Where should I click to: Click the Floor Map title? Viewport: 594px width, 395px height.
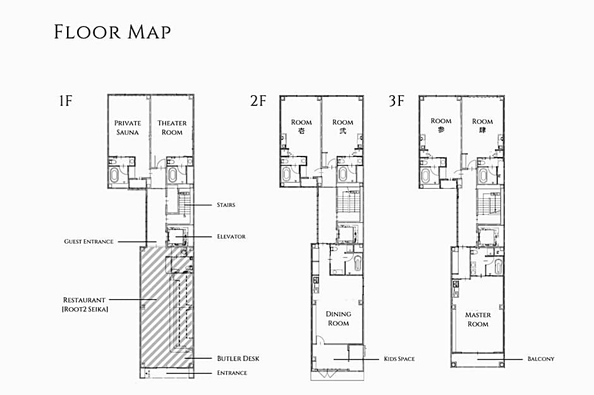click(112, 32)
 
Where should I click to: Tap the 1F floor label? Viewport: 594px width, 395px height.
click(66, 100)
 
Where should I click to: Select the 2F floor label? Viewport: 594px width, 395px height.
click(258, 100)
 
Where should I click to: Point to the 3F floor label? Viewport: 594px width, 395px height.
click(396, 100)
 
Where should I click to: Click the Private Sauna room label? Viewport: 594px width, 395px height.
click(128, 127)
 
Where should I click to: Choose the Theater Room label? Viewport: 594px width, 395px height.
click(172, 127)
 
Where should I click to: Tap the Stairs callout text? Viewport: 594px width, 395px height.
click(226, 205)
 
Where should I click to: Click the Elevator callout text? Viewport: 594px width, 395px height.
click(231, 237)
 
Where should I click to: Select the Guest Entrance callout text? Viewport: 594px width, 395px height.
click(89, 242)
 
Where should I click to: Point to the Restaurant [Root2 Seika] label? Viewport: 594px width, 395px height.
click(85, 304)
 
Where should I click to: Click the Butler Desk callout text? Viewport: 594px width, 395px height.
click(238, 358)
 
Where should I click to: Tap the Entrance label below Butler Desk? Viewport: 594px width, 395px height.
click(232, 373)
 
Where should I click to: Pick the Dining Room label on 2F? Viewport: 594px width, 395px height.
click(338, 319)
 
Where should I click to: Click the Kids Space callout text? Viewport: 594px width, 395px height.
click(399, 359)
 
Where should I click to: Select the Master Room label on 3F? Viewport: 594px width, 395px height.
click(478, 319)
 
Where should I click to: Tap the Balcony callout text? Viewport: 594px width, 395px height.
click(540, 359)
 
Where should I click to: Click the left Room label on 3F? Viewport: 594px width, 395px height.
click(441, 125)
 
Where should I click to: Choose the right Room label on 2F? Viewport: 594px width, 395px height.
click(342, 126)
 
